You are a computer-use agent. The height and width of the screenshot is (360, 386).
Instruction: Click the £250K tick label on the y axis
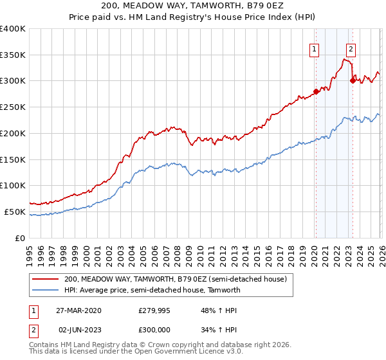tap(13, 107)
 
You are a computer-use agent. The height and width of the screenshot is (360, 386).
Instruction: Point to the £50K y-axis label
tap(15, 212)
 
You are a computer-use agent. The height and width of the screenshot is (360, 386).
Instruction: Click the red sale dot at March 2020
tap(316, 91)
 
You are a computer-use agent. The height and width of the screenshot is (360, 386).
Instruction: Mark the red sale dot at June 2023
tap(352, 80)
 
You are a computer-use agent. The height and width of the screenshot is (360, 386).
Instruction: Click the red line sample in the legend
tap(46, 279)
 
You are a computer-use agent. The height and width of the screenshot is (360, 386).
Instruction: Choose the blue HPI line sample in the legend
tap(46, 290)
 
